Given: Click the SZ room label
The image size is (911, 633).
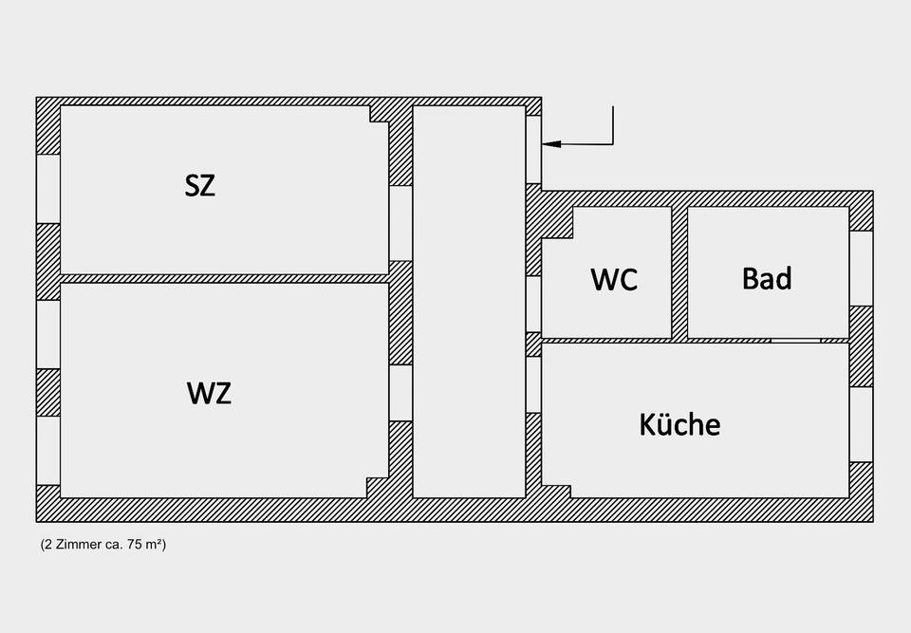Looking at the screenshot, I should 200,185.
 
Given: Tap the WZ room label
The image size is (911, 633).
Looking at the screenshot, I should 209,392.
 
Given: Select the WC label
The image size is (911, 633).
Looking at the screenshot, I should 614,279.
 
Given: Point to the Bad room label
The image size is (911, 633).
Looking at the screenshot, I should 767,278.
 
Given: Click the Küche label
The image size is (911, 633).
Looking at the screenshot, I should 679,423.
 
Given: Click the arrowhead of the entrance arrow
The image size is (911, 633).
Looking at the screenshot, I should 550,144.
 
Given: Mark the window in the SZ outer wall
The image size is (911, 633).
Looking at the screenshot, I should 48,188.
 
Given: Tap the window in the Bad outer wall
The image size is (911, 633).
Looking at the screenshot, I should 861,268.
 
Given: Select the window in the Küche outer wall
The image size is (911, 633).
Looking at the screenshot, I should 861,424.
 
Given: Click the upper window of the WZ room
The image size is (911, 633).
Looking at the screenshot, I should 48,334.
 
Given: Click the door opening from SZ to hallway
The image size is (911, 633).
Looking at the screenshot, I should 400,223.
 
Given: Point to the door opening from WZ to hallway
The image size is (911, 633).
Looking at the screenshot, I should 400,392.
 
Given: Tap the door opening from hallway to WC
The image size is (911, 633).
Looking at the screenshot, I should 533,304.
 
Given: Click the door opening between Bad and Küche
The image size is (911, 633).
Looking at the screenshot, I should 795,340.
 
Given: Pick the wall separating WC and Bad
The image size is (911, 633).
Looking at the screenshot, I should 679,271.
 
